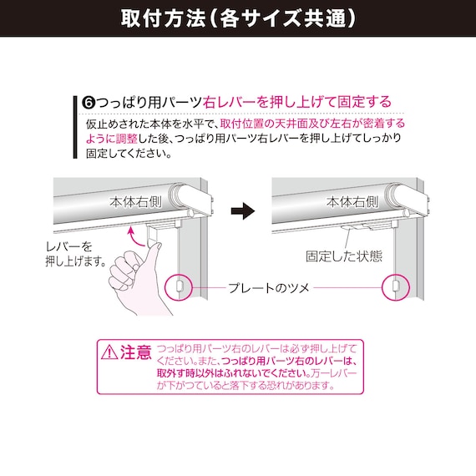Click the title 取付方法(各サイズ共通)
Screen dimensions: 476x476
pos(237,18)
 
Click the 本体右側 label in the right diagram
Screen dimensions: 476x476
pos(353,201)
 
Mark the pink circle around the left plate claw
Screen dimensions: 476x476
pos(180,286)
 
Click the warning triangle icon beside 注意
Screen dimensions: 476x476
pos(109,352)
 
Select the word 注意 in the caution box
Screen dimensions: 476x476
pos(136,352)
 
